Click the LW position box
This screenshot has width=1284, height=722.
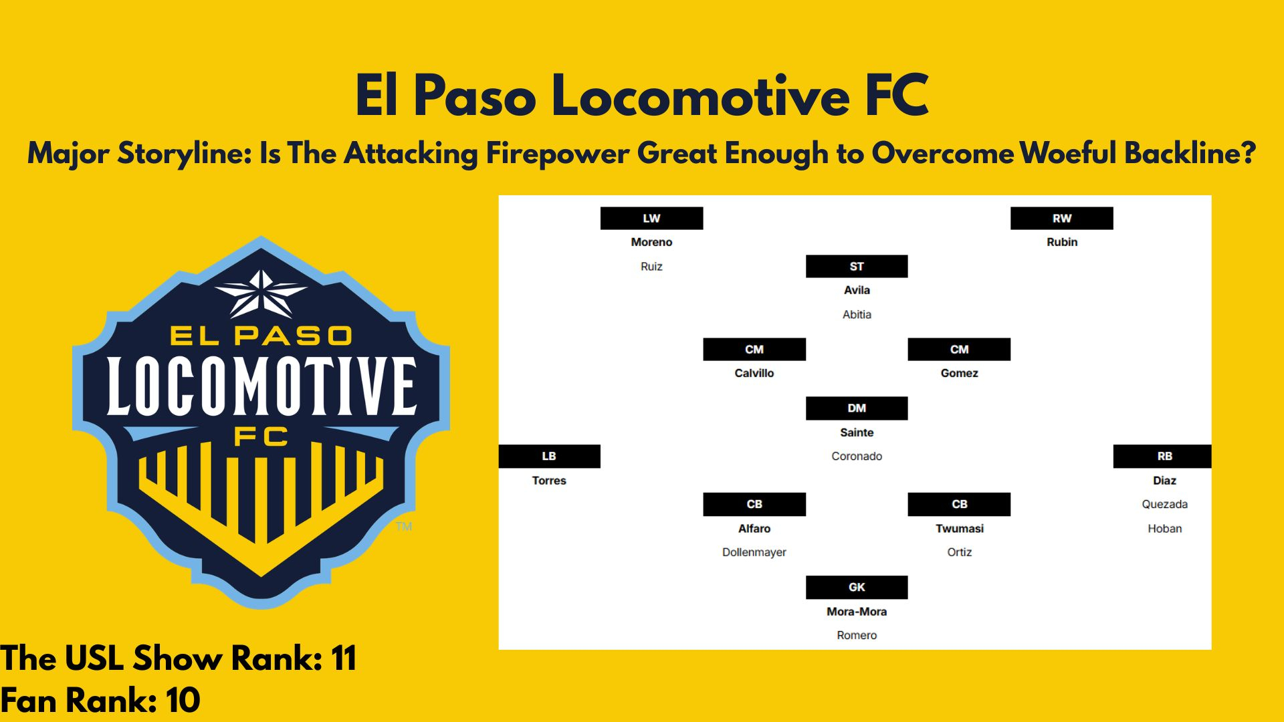651,218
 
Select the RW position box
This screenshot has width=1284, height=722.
1061,218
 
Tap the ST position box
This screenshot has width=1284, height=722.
857,266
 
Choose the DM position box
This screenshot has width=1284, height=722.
857,408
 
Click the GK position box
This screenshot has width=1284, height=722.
857,587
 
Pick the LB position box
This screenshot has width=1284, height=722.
549,456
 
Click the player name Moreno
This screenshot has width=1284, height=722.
651,242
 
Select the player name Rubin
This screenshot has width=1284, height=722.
1062,242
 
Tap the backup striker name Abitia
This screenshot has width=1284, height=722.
857,314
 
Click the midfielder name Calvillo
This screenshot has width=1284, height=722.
754,373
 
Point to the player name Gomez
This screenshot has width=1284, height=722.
959,373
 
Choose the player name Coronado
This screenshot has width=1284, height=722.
857,456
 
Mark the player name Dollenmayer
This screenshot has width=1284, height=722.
754,552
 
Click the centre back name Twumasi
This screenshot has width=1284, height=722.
959,528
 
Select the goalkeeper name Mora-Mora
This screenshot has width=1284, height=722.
857,611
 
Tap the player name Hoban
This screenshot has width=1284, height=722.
1164,528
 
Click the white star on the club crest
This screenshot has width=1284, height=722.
261,294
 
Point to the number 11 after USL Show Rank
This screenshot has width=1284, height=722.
344,658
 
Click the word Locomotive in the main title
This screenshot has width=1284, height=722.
700,96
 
